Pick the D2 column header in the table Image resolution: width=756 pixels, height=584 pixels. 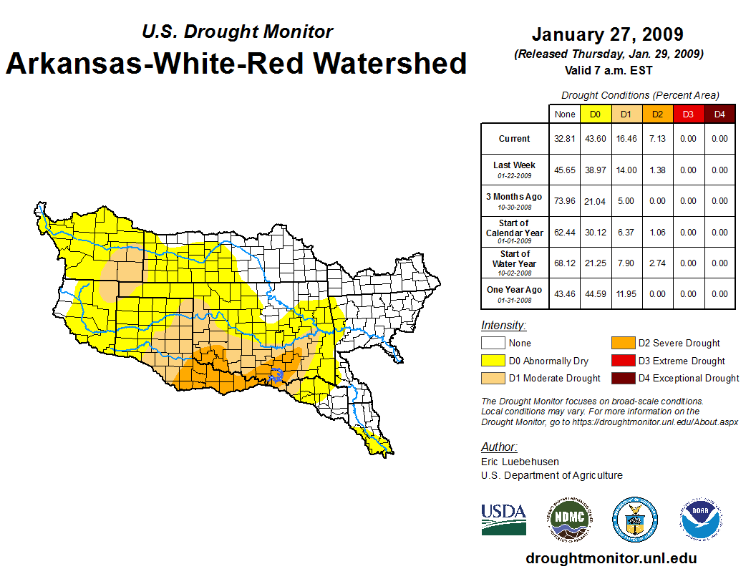pos(657,114)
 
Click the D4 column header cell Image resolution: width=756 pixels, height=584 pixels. pos(719,114)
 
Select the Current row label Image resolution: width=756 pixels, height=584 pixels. pos(515,139)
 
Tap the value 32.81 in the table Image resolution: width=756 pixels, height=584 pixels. pos(565,139)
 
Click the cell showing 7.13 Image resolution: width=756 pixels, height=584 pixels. pos(657,139)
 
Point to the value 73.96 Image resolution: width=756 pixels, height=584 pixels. pos(565,201)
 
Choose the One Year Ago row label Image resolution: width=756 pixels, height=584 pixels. pos(515,290)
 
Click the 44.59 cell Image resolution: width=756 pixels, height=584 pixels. pos(596,294)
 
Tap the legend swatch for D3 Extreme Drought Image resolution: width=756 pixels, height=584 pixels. pos(622,361)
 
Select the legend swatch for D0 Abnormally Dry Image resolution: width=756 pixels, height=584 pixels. pos(493,361)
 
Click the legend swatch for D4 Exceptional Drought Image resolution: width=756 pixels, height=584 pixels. pos(622,378)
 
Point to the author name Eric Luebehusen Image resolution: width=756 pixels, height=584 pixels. pos(520,462)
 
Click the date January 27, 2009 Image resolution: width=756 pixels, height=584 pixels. pos(608,34)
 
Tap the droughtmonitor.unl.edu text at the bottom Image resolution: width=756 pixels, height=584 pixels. pos(611,558)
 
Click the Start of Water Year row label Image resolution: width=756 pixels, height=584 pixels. pos(515,259)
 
